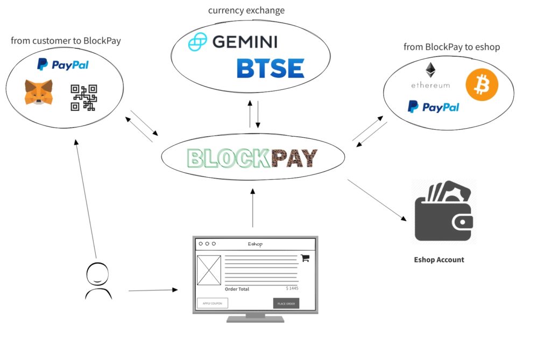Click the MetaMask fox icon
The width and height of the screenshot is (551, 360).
[x=38, y=92]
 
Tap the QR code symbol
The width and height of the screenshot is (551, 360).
[x=83, y=98]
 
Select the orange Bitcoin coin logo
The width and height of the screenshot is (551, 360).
[x=482, y=84]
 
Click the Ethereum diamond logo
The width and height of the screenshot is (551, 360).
[x=430, y=70]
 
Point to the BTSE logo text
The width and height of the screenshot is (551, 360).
[x=270, y=68]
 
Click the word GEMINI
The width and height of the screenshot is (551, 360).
[x=244, y=41]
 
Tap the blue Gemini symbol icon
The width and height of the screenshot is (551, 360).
[x=197, y=42]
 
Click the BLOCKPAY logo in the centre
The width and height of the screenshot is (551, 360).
[x=252, y=158]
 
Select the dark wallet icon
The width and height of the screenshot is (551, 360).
[x=444, y=213]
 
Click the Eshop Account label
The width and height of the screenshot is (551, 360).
[x=439, y=259]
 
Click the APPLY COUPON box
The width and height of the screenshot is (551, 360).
[x=212, y=303]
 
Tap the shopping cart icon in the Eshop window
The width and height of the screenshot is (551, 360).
[x=305, y=258]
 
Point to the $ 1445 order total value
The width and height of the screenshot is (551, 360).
[x=292, y=288]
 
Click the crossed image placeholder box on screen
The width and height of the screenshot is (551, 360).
[x=209, y=270]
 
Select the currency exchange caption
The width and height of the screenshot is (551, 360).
[x=246, y=10]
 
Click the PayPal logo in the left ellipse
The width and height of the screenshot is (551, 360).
[x=63, y=65]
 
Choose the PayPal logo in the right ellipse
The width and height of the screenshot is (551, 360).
[x=433, y=107]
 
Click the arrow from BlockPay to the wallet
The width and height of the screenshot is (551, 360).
[x=377, y=200]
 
